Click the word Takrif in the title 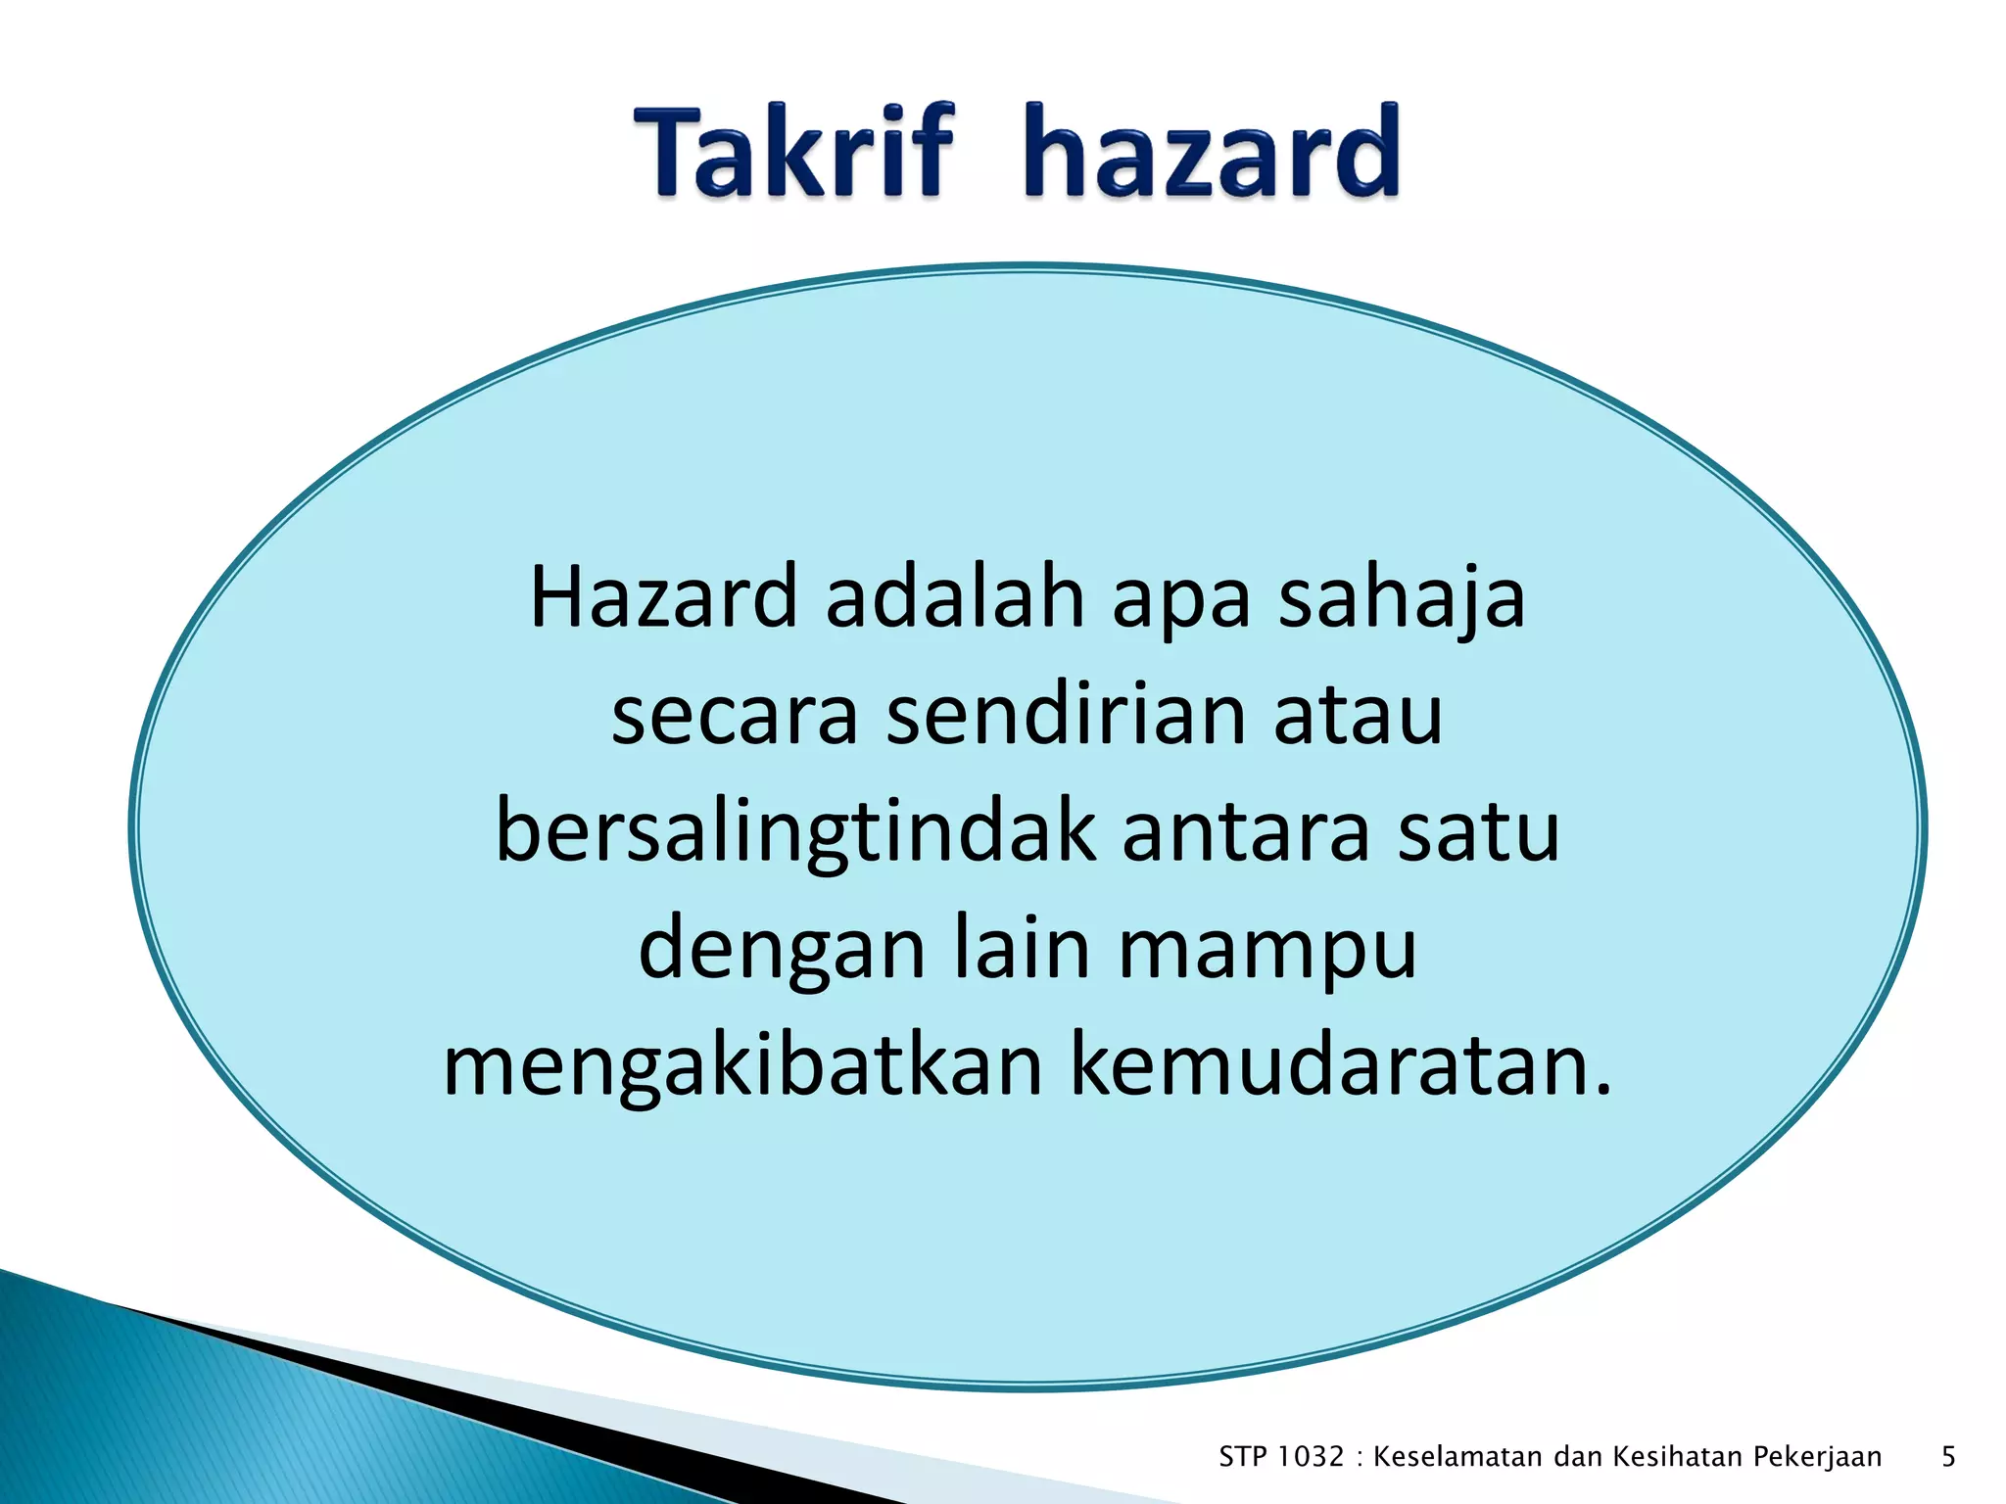(792, 153)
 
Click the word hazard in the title (1212, 153)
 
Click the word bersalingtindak (795, 832)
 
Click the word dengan (782, 950)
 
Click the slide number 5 (1948, 1457)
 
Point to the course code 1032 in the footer (1311, 1457)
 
